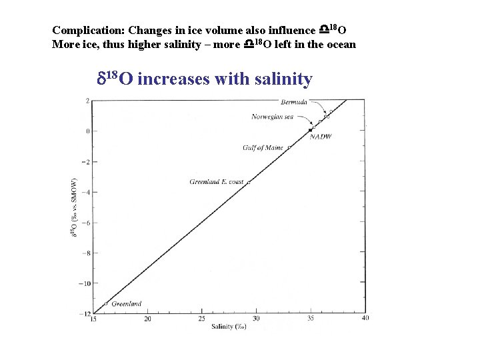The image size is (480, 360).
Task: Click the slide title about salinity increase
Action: pyautogui.click(x=205, y=79)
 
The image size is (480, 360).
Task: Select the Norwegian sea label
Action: pyautogui.click(x=272, y=117)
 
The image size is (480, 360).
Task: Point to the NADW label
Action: pyautogui.click(x=321, y=137)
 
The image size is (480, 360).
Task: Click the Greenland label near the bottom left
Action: pyautogui.click(x=126, y=304)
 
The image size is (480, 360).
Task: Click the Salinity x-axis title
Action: pyautogui.click(x=229, y=327)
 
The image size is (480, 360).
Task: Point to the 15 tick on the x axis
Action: pyautogui.click(x=93, y=319)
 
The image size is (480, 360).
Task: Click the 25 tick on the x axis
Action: pyautogui.click(x=201, y=319)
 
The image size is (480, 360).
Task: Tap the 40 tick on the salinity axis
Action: pyautogui.click(x=365, y=318)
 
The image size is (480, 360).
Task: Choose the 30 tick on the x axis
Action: pyautogui.click(x=256, y=319)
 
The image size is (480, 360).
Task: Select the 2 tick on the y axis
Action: pyautogui.click(x=87, y=101)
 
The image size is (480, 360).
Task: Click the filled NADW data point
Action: pyautogui.click(x=311, y=129)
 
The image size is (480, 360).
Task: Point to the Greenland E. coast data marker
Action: pyautogui.click(x=249, y=181)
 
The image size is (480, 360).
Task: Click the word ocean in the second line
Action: pyautogui.click(x=340, y=44)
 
